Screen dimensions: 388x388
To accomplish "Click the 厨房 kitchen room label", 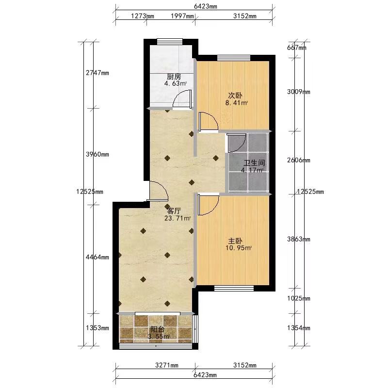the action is click(174, 77).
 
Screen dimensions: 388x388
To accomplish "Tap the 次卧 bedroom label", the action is click(235, 95).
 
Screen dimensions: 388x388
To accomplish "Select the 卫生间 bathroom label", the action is click(254, 163).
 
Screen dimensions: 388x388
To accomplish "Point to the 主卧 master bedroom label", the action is click(235, 241).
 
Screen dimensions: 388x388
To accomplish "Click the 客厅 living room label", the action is click(174, 211).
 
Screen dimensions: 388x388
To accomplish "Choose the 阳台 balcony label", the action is click(157, 329).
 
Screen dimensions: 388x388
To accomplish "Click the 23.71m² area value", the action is click(178, 218).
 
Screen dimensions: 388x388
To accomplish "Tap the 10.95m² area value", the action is click(238, 248).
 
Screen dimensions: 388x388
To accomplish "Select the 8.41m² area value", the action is click(237, 103).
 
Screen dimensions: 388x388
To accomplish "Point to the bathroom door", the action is click(237, 143).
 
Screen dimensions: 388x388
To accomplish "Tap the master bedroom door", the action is click(209, 205).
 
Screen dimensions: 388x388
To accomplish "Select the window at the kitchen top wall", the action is click(170, 41).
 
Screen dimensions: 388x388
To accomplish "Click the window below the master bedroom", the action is click(234, 288).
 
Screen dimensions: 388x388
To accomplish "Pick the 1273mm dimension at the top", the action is click(143, 16).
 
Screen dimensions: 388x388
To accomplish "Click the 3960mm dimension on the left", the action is click(97, 154).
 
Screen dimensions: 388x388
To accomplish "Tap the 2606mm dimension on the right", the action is click(299, 160).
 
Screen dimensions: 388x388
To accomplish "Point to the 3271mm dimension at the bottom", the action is click(167, 365).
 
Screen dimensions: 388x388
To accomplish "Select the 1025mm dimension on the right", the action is click(299, 298).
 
